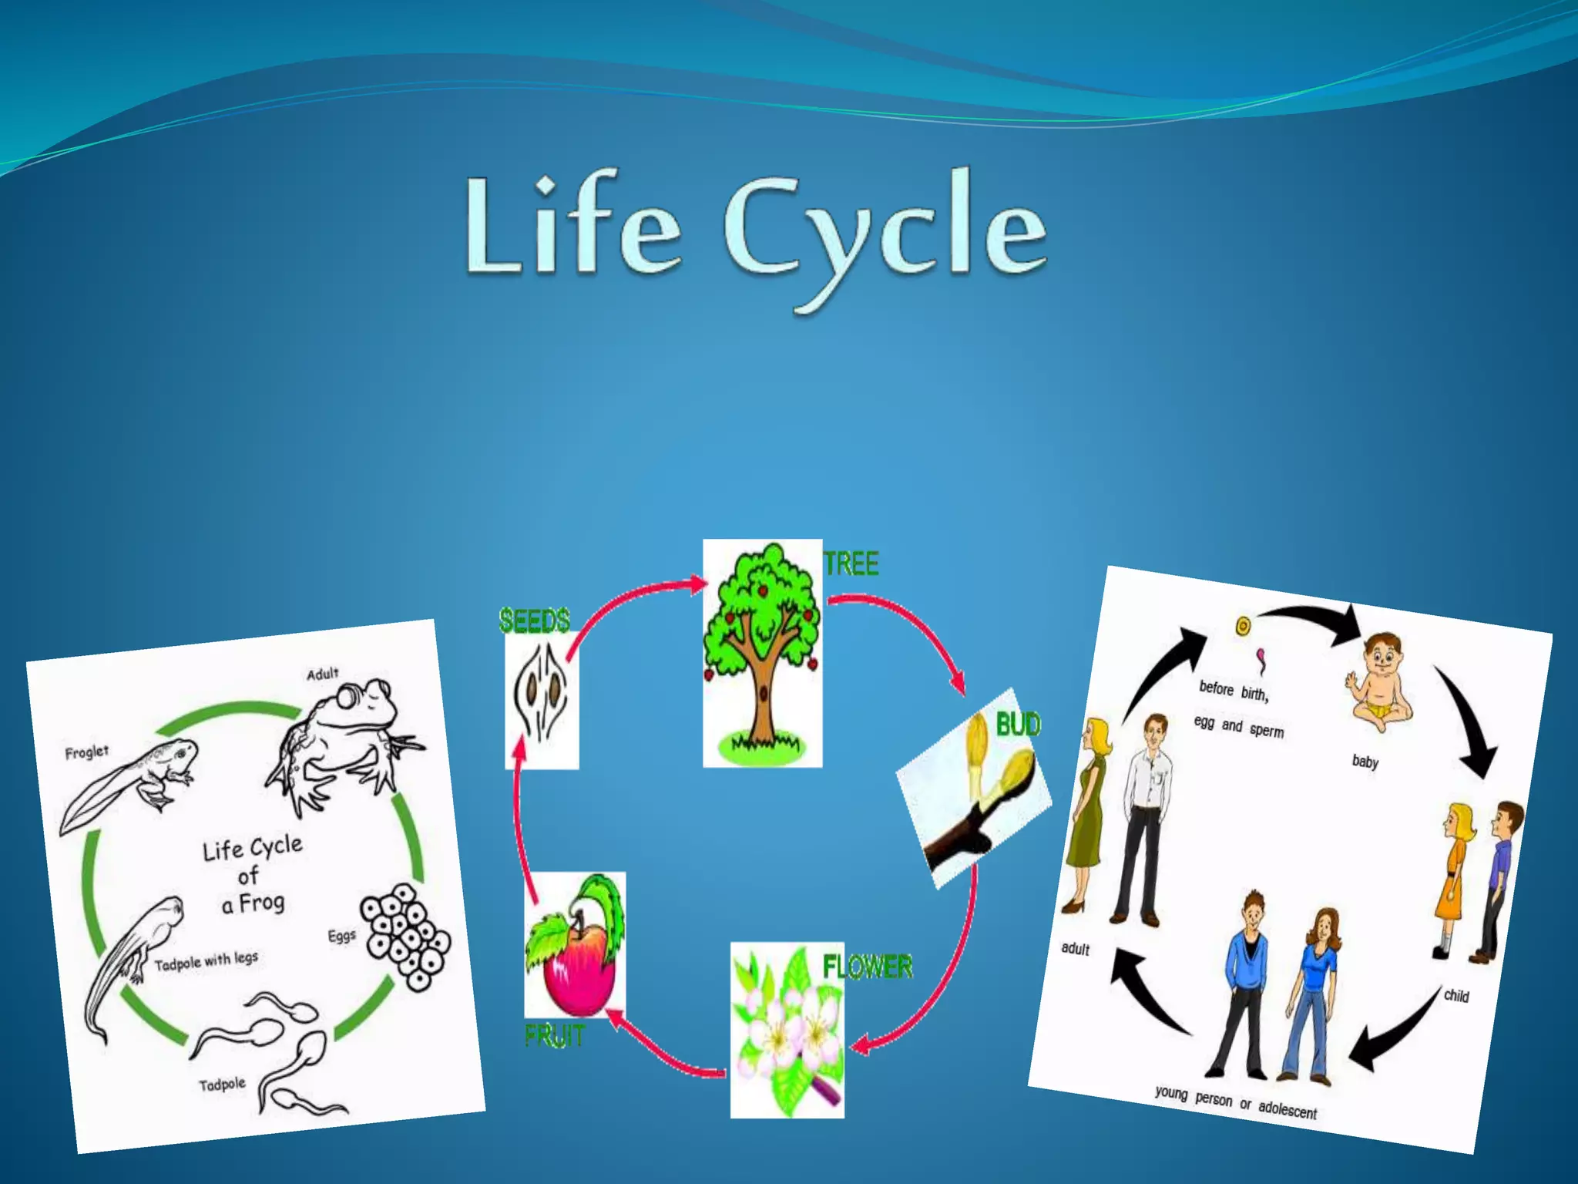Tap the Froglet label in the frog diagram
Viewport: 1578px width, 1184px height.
[86, 752]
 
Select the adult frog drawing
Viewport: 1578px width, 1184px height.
[347, 744]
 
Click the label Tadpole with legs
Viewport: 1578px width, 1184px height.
[206, 960]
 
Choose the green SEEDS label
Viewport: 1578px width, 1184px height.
[535, 621]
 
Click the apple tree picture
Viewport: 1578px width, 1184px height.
[762, 652]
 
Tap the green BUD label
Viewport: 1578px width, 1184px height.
[1018, 725]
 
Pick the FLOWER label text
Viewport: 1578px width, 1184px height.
[868, 967]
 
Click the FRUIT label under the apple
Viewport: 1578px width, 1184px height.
[555, 1036]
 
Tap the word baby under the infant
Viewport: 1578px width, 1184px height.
[1365, 762]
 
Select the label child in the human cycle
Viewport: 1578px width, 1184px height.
[1455, 995]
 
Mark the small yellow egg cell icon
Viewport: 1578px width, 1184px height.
[1242, 626]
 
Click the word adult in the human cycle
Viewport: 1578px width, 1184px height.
[1075, 948]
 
